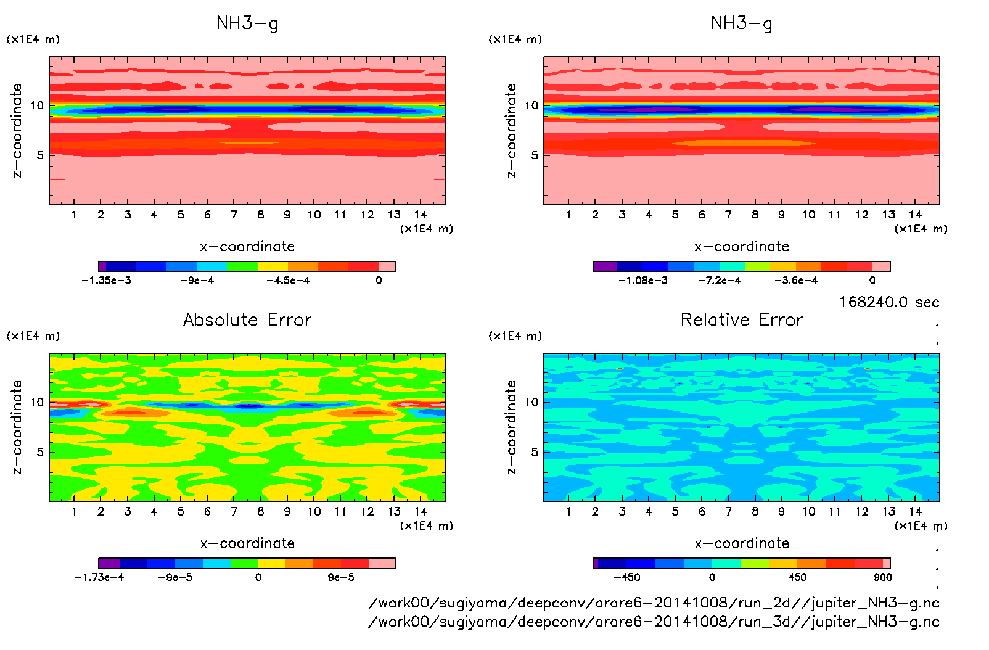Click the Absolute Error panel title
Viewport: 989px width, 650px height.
click(x=247, y=319)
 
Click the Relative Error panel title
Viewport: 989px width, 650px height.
click(x=742, y=319)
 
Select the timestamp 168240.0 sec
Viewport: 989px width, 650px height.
click(x=888, y=302)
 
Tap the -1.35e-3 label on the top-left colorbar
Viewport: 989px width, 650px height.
click(x=106, y=281)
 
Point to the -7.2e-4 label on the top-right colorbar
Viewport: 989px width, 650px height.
click(x=719, y=281)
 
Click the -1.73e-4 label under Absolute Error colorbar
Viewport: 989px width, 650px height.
click(x=99, y=577)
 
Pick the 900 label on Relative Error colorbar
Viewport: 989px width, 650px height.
click(x=882, y=577)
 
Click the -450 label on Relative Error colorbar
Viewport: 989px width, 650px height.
click(x=626, y=577)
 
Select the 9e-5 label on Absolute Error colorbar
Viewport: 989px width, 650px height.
click(x=341, y=577)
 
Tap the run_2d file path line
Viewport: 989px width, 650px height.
click(x=654, y=603)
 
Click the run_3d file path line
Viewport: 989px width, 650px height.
click(x=654, y=622)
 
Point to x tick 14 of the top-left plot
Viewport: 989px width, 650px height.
click(x=421, y=215)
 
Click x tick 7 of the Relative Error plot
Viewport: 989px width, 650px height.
click(x=728, y=511)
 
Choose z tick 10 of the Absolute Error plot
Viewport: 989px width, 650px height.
click(x=38, y=402)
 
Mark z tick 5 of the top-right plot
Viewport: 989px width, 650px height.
click(x=535, y=155)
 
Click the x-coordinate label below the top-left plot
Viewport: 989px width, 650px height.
click(x=247, y=247)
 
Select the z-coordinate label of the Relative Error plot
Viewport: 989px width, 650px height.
click(x=511, y=427)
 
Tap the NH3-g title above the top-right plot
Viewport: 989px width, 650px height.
click(x=742, y=23)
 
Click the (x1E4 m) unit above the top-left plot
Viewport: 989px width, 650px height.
click(x=33, y=39)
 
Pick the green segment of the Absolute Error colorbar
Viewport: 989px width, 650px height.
click(x=244, y=563)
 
